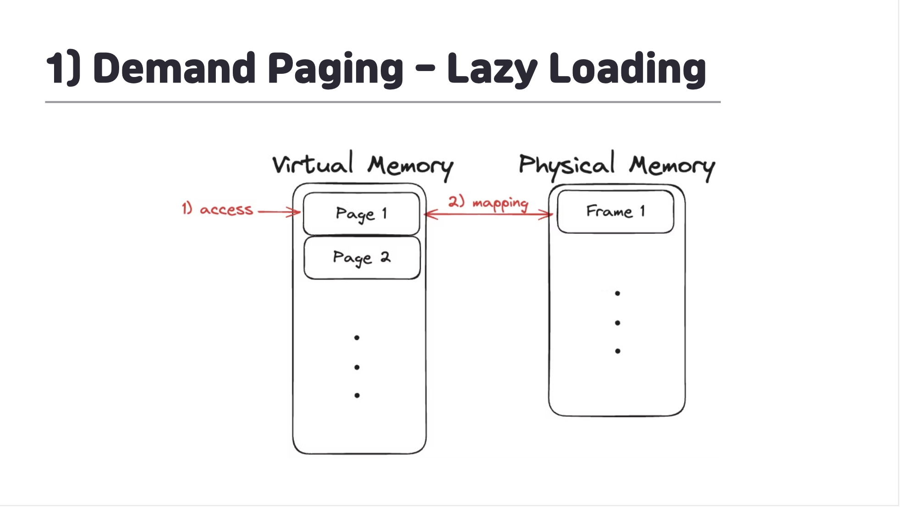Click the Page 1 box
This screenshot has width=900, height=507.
click(361, 214)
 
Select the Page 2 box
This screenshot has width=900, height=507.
click(362, 258)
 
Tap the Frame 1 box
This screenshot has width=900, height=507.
click(615, 211)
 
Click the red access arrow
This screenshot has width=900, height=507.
click(279, 212)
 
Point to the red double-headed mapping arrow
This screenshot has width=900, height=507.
click(488, 214)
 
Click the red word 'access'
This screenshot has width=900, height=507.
click(226, 209)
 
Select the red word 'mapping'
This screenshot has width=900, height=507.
click(500, 203)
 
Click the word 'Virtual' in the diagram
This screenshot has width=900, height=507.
click(313, 164)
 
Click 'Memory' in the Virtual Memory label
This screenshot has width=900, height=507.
click(410, 166)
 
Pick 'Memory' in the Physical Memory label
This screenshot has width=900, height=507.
click(671, 166)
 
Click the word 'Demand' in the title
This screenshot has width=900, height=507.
click(174, 68)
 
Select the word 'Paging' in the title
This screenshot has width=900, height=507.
click(335, 69)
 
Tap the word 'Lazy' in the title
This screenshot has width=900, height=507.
click(492, 69)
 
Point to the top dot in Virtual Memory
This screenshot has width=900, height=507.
click(357, 338)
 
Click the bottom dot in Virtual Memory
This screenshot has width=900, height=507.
click(357, 395)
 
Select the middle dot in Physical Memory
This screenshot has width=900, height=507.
click(618, 323)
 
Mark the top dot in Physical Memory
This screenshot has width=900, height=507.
click(618, 293)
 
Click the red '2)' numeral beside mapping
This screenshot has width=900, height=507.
click(456, 201)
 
